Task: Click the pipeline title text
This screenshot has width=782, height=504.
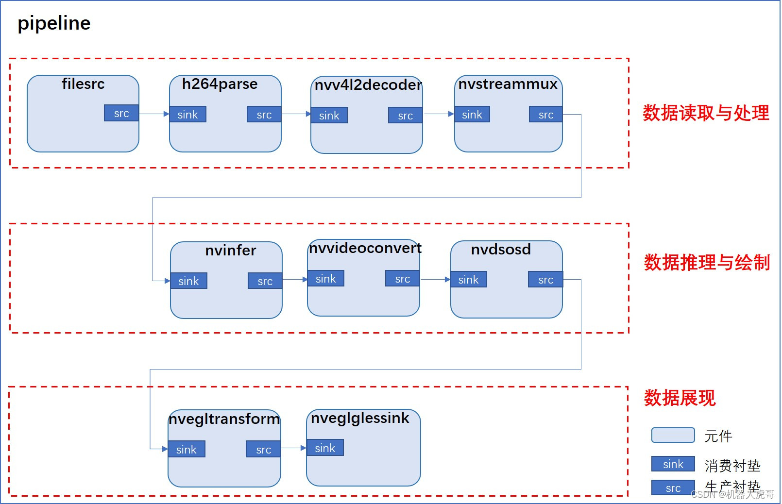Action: (x=54, y=23)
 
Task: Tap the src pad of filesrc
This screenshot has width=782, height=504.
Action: (x=121, y=113)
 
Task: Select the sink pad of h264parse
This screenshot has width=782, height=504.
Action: (x=187, y=115)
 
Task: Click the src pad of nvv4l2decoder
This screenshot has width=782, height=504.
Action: (x=405, y=116)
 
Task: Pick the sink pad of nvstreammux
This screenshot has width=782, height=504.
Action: (x=472, y=115)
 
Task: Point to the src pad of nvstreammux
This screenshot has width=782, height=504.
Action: (x=545, y=115)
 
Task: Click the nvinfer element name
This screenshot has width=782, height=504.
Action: (x=230, y=251)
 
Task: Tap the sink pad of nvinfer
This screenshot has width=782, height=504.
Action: (x=188, y=281)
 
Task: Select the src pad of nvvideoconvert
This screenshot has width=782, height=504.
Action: (x=402, y=279)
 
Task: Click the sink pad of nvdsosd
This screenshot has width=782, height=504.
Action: (x=468, y=280)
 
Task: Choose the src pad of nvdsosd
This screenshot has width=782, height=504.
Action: (x=545, y=280)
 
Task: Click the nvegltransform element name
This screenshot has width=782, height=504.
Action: (x=224, y=419)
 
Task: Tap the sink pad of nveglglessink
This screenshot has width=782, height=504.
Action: (x=325, y=448)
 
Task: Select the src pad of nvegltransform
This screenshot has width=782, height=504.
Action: (x=263, y=450)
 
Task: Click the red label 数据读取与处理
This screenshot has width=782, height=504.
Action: (x=705, y=113)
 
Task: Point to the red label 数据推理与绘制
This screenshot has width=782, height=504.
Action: (x=707, y=263)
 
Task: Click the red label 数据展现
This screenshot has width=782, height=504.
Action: (x=680, y=398)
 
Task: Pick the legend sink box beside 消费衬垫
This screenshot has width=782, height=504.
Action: (x=673, y=464)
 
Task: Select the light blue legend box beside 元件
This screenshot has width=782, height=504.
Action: (x=673, y=435)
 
